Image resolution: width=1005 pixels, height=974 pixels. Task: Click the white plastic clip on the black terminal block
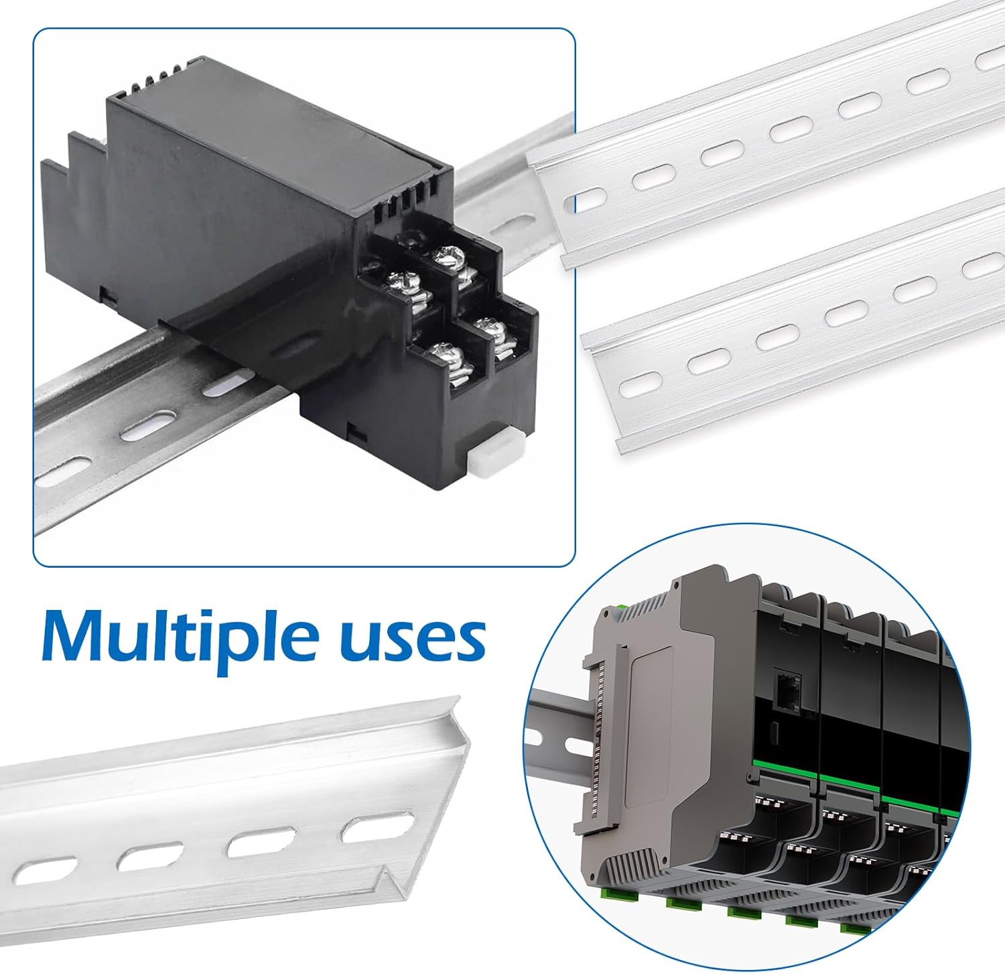(490, 462)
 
